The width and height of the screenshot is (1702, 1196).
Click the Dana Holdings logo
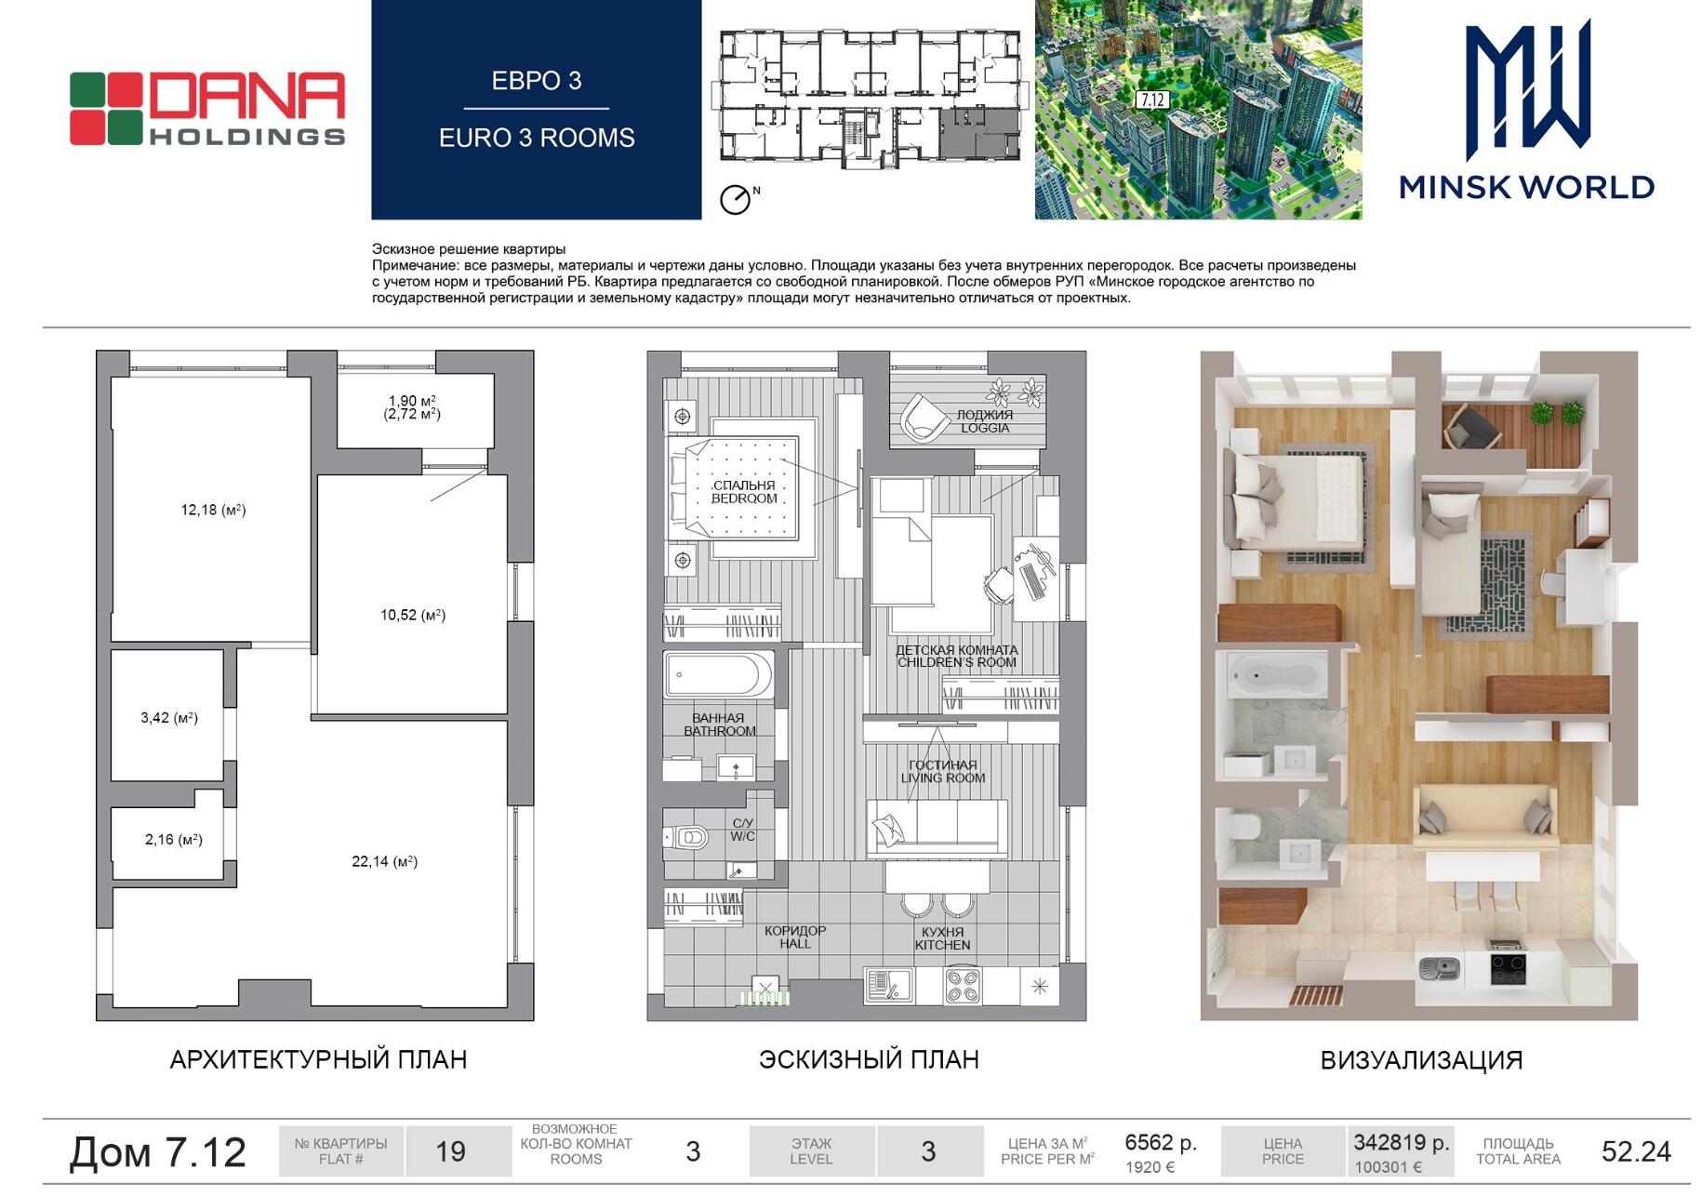[207, 109]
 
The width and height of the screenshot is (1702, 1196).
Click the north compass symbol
[736, 199]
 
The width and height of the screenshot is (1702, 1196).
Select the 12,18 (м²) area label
[213, 510]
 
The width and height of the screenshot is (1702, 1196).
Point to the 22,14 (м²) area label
[384, 861]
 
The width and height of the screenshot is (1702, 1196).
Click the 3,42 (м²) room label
[169, 717]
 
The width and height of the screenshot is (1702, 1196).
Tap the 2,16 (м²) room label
[173, 839]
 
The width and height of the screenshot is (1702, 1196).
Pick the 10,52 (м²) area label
[413, 615]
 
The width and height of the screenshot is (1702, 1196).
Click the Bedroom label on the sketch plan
[744, 492]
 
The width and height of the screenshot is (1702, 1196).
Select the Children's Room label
[956, 657]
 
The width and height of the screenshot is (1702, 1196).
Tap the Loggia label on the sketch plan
[985, 421]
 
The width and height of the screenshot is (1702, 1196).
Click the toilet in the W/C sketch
[686, 838]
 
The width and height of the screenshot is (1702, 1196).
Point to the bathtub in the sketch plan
[718, 675]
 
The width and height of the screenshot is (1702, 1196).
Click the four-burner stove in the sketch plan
[963, 986]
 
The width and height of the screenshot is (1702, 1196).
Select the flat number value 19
[450, 1151]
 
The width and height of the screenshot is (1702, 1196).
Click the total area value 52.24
[1636, 1151]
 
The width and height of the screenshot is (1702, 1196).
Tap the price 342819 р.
[1402, 1142]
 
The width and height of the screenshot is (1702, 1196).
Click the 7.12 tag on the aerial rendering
[1151, 100]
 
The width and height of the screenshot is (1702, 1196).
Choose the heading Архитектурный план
[318, 1059]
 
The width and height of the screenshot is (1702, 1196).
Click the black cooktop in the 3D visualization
[1508, 969]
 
